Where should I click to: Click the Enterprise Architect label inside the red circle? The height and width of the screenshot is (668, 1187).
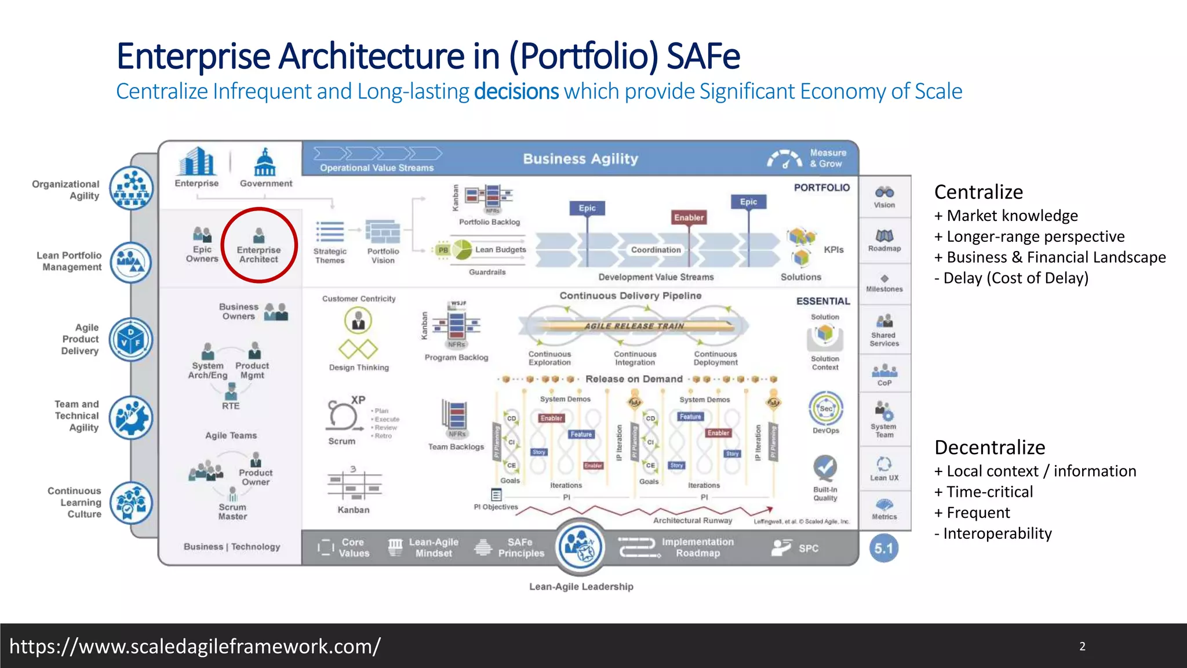tap(258, 255)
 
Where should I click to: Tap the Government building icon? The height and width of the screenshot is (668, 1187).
tap(265, 162)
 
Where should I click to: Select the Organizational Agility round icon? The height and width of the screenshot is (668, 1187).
tap(132, 188)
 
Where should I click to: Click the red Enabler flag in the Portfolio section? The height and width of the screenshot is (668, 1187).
tap(689, 217)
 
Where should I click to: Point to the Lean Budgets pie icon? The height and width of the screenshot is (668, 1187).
tap(462, 250)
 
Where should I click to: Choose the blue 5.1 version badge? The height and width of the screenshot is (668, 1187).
tap(884, 549)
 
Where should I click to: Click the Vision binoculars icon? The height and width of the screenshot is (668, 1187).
tap(884, 192)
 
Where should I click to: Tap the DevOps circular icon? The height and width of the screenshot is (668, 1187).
tap(826, 408)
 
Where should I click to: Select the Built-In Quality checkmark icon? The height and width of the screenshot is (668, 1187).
tap(825, 467)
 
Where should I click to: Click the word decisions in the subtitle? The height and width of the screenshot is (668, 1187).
tap(516, 92)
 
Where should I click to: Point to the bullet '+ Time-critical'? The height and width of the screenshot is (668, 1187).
tap(984, 492)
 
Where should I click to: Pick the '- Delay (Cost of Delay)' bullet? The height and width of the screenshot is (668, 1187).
tap(1011, 278)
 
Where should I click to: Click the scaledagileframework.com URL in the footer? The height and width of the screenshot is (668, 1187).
tap(195, 646)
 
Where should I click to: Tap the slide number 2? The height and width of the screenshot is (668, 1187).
tap(1082, 646)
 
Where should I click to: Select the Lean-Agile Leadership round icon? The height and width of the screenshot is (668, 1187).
tap(580, 546)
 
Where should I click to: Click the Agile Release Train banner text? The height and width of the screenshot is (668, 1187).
tap(634, 326)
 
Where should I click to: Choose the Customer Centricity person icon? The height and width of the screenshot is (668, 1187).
tap(358, 321)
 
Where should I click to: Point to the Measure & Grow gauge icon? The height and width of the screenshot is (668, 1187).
tap(785, 159)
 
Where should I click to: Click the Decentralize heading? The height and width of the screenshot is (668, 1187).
tap(989, 448)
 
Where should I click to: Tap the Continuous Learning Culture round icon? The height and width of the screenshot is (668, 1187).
tap(132, 503)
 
